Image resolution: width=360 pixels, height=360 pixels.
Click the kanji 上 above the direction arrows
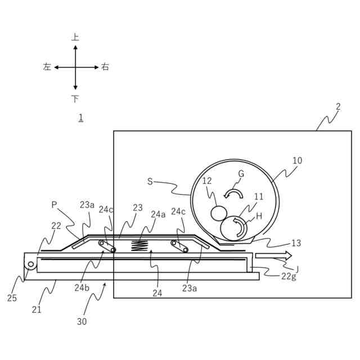point(75,38)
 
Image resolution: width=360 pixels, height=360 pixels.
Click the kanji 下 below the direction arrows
point(75,99)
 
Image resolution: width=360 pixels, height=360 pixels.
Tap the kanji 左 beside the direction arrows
point(47,67)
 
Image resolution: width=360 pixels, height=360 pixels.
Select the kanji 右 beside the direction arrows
point(105,67)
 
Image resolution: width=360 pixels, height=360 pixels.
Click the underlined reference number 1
point(81,118)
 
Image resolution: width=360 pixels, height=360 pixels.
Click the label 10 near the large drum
point(297,160)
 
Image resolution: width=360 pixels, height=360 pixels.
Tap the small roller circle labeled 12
point(218,213)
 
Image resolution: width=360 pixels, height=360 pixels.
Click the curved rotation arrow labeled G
point(233,193)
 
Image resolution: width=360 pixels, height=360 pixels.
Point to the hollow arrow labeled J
point(273,256)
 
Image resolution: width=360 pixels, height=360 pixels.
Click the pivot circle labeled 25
point(31,264)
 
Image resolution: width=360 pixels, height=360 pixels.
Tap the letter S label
point(150,181)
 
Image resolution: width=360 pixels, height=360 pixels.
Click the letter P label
point(54,205)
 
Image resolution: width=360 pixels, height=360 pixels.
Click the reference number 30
point(82,322)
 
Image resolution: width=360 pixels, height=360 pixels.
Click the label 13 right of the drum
point(296,243)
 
